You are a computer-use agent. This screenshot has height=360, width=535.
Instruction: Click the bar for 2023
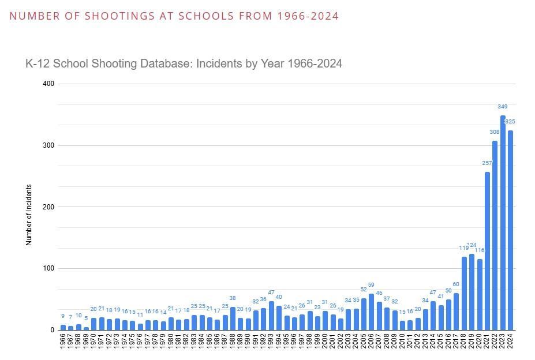coord(503,223)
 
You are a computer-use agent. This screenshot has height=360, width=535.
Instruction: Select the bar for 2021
coord(487,251)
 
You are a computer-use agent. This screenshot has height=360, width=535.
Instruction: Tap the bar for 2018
coord(464,293)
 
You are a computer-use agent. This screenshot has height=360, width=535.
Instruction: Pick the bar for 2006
coord(371,312)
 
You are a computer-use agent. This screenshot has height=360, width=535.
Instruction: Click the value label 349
coord(503,107)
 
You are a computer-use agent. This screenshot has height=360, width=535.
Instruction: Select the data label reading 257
coord(487,163)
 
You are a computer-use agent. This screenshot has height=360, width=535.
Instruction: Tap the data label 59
coord(371,285)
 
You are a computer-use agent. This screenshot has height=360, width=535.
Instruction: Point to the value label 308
coord(495,132)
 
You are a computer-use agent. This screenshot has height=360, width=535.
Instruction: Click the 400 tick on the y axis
coord(48,84)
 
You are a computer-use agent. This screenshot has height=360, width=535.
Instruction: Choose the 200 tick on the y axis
coord(48,207)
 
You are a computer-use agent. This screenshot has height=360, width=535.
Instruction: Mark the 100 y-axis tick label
coord(48,269)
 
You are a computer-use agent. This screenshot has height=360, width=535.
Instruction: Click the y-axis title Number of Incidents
coord(29,215)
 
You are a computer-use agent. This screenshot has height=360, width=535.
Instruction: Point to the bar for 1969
coord(86,328)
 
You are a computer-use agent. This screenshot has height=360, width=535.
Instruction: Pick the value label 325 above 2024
coord(510,122)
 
